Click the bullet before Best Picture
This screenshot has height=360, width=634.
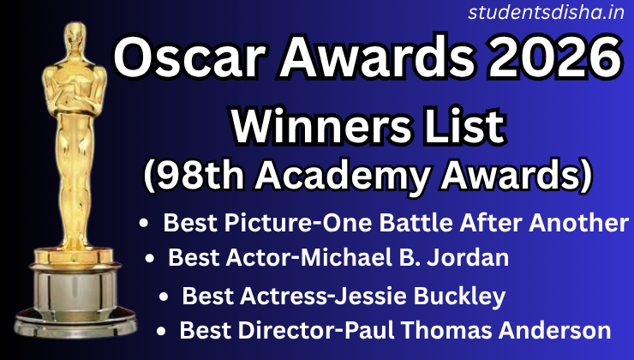coord(145,224)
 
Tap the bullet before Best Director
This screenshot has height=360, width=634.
coord(161,330)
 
